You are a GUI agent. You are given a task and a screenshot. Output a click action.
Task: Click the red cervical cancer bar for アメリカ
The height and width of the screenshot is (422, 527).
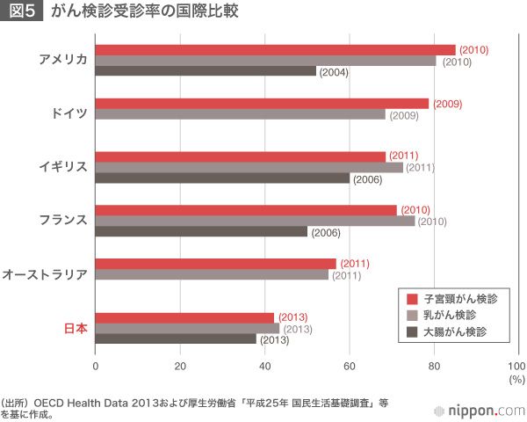pos(275,49)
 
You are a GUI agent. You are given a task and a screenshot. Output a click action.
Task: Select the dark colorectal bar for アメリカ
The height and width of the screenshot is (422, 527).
pos(206,71)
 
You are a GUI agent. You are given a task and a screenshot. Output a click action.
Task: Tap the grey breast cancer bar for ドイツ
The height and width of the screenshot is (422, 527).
pos(240,114)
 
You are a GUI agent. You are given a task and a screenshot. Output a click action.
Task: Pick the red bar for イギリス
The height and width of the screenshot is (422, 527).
pos(240,156)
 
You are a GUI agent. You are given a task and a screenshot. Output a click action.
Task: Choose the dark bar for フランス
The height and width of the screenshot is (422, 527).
pos(201,232)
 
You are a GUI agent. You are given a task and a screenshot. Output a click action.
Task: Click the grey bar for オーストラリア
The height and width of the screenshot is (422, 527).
pos(212,274)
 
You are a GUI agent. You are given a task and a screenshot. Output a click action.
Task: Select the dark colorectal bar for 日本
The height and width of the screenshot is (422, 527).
pos(176,338)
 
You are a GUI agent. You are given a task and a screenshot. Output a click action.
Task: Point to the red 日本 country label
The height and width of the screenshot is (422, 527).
pos(76,328)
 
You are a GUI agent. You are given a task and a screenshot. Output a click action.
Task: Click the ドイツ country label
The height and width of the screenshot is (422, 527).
pos(69,113)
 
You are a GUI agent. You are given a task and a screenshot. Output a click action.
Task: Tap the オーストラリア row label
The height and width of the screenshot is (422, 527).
pos(45,274)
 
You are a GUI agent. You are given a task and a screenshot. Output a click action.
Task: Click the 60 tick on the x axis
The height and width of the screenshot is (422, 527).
pos(350,367)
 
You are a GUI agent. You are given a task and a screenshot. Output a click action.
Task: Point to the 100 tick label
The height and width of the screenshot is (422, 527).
pos(516,367)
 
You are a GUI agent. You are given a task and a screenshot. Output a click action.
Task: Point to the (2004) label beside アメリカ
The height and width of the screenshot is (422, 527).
pos(334,72)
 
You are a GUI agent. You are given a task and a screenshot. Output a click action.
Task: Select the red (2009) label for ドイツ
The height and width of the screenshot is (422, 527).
pos(446,104)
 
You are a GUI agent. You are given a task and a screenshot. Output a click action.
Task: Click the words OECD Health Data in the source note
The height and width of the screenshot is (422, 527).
pos(84,402)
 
